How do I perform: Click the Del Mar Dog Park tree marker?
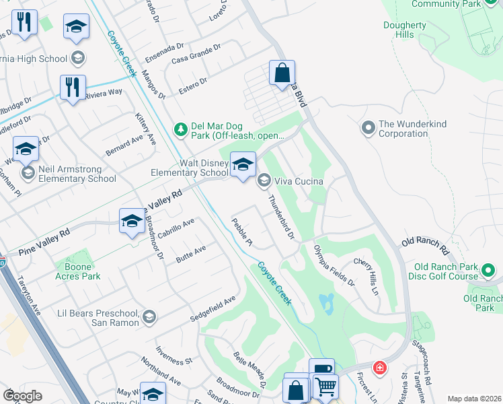coord(180,129)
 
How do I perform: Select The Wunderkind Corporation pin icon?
coord(368,127)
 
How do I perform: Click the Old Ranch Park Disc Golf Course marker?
coord(489,271)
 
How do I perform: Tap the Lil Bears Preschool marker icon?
coord(149,316)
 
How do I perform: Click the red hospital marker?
coord(380,368)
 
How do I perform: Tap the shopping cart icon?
coord(325,386)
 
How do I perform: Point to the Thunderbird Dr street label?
coord(282,217)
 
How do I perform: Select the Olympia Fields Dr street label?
coord(334,266)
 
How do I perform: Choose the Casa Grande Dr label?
coord(196,54)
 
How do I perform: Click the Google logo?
coord(23,396)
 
